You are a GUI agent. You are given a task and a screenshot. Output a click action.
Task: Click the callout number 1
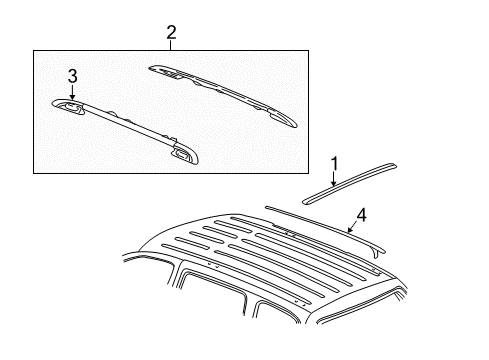[x=335, y=161]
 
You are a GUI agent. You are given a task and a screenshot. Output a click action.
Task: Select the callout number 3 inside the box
[x=72, y=76]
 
